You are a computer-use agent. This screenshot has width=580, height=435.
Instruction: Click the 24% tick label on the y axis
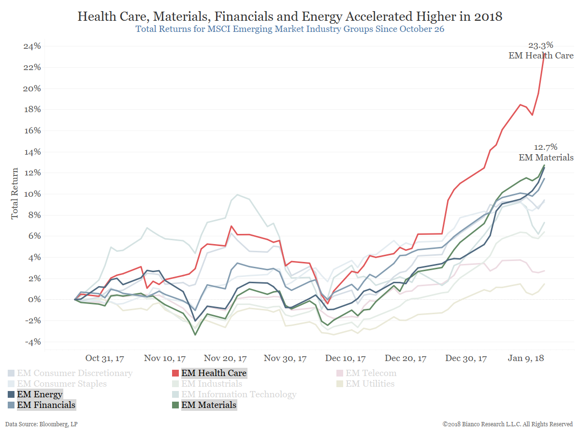31,46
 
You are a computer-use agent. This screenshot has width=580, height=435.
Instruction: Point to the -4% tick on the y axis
31,342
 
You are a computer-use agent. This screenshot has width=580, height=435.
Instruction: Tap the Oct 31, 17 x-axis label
104,359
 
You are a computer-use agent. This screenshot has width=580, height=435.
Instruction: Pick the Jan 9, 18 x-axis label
526,359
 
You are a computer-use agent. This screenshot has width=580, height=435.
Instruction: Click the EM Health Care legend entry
214,373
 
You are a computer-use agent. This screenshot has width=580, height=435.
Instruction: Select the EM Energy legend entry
40,394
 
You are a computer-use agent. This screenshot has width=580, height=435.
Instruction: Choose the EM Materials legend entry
209,405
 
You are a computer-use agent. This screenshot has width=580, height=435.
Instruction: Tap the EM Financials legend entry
46,405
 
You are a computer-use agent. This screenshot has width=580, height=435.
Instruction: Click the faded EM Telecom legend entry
371,373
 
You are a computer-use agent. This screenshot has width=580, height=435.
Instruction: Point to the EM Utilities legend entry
370,384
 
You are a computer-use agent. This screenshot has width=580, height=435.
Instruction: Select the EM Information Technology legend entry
239,394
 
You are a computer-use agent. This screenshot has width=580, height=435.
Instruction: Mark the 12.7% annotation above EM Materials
546,147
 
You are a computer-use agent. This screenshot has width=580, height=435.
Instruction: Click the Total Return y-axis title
15,193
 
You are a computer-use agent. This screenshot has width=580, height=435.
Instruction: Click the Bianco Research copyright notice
507,424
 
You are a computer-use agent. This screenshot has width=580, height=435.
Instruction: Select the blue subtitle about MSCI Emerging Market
290,29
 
